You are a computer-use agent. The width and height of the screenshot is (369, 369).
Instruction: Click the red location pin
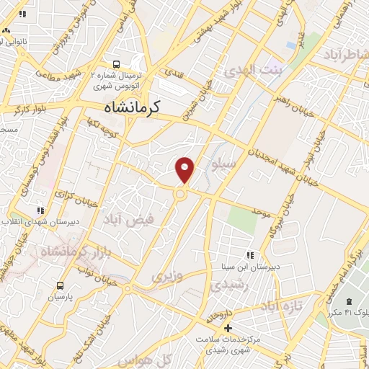coord(185,169)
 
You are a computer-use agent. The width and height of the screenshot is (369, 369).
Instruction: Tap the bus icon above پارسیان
coord(60,285)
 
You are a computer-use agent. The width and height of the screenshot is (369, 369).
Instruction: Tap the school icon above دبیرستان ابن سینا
coord(250,255)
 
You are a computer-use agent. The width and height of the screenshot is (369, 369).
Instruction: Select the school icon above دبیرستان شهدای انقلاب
coord(40,210)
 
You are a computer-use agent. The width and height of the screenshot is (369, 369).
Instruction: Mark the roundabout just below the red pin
coord(181,193)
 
